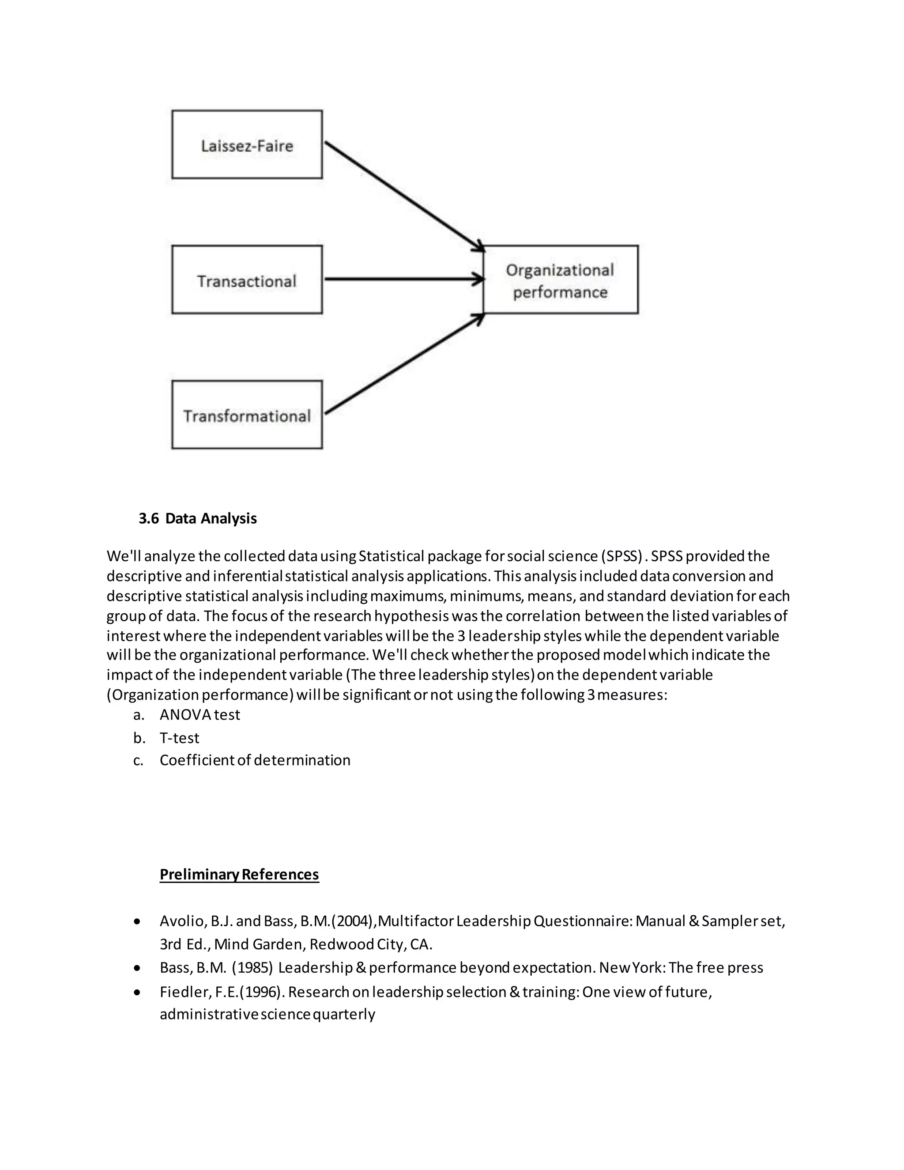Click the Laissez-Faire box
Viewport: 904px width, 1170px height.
point(247,145)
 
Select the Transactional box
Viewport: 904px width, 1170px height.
point(247,279)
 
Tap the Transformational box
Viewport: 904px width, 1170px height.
point(247,415)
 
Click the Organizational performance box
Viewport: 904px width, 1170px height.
point(560,279)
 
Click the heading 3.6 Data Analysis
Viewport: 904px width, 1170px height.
point(198,519)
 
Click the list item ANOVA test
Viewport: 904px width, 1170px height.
point(200,715)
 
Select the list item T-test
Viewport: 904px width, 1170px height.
point(179,738)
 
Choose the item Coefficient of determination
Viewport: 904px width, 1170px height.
point(255,760)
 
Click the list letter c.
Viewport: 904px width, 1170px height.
point(138,760)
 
